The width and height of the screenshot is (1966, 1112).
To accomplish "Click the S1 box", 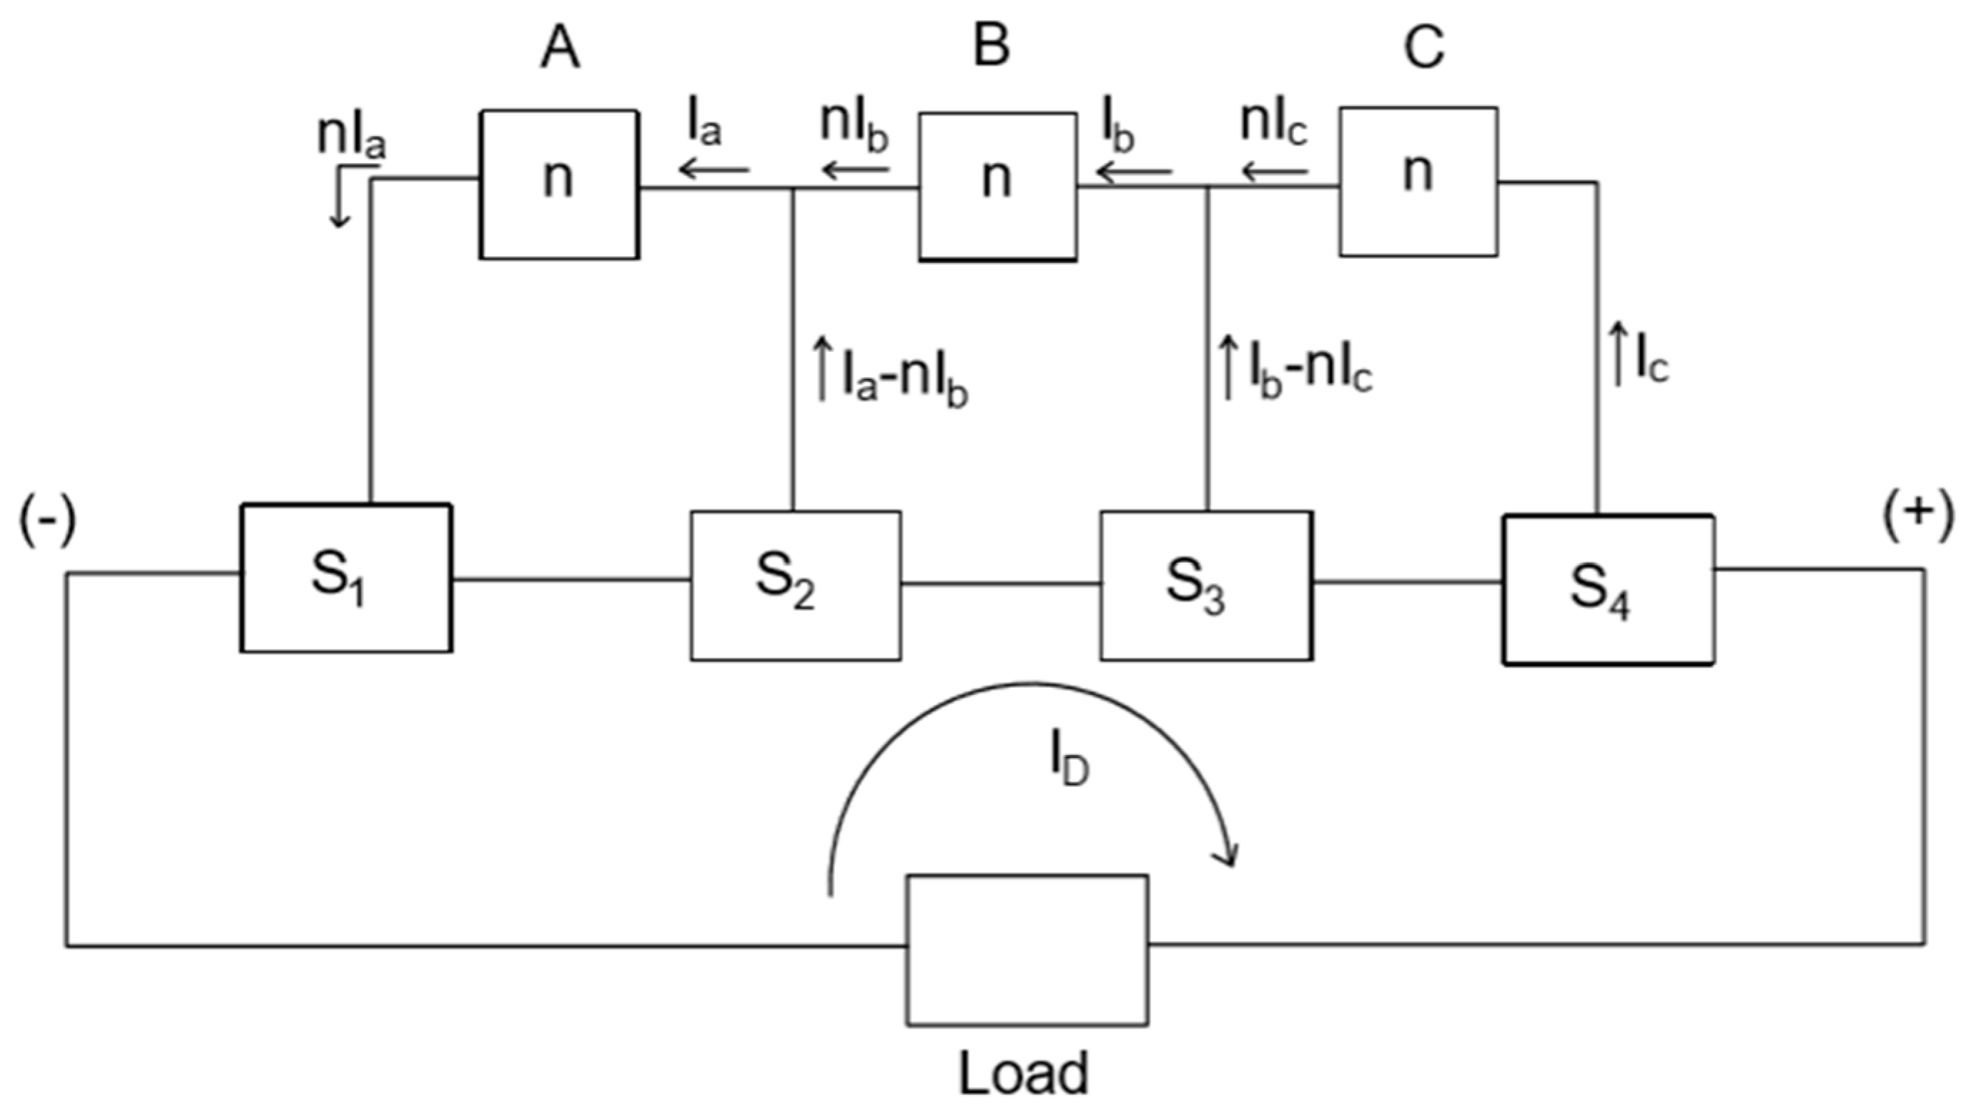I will point(346,577).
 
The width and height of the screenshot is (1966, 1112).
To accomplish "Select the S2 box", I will point(796,586).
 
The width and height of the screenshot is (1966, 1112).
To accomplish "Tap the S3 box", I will point(1206,586).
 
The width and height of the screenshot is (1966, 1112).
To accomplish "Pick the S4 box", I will point(1609,589).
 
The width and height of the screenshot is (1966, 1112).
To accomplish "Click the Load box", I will point(1027,950).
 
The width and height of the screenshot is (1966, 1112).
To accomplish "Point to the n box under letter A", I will point(559,184).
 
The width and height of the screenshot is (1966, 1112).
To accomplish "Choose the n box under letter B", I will point(997,187).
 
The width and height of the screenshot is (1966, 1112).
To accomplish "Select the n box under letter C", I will point(1418,181).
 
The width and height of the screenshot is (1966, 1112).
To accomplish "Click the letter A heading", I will point(560,48).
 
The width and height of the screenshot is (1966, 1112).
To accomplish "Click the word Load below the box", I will point(1023,1073).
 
